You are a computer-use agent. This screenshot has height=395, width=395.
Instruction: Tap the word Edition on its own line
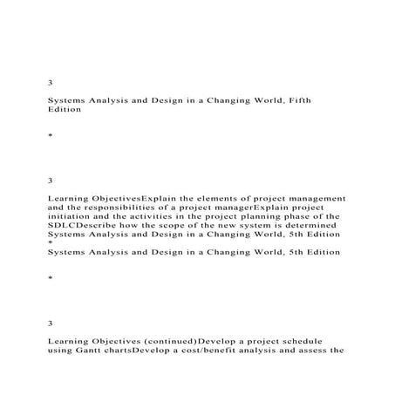tap(66, 111)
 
